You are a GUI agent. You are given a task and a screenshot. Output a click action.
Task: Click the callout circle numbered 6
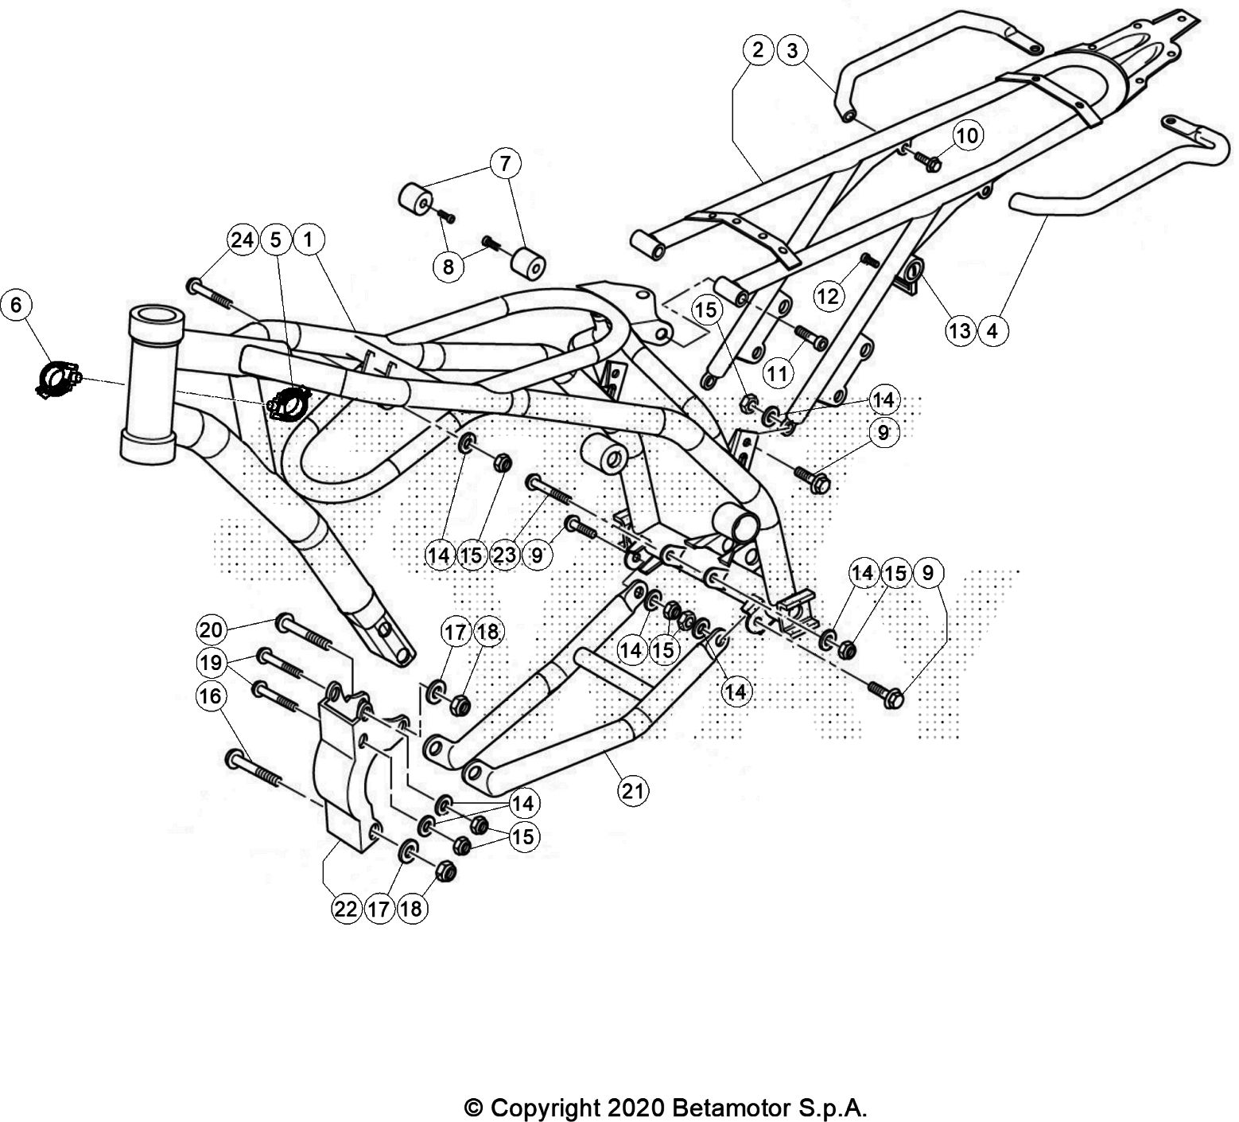click(18, 304)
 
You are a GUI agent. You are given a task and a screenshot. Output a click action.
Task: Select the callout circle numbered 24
click(243, 239)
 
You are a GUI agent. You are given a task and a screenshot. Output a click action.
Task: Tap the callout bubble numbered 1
click(308, 239)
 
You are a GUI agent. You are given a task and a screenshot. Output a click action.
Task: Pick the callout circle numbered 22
click(346, 909)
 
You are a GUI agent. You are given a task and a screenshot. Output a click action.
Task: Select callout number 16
click(212, 696)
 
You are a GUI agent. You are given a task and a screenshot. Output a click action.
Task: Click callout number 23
click(504, 555)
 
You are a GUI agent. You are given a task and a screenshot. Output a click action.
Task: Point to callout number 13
click(961, 329)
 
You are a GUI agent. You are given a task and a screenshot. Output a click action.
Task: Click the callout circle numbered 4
click(992, 329)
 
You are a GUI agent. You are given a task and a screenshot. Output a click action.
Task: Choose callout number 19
click(212, 662)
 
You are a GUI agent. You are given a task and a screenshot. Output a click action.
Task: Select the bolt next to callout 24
click(209, 292)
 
